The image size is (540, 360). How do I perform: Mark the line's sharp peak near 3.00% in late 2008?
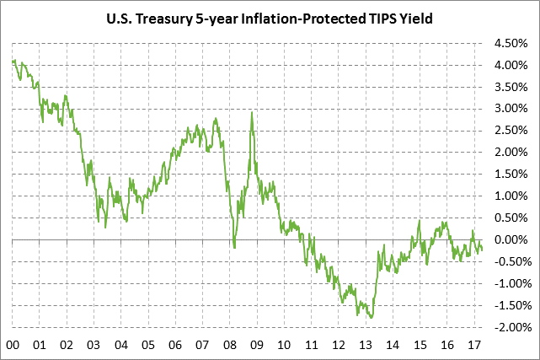point(252,113)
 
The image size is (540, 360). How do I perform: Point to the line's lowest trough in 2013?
point(372,317)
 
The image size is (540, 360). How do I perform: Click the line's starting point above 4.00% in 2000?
point(13,61)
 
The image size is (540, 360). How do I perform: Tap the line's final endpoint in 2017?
point(482,249)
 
